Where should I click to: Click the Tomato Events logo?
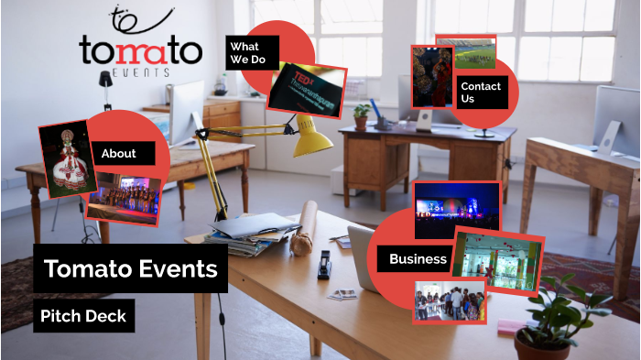(139, 49)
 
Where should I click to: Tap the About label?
(120, 154)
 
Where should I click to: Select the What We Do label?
(244, 53)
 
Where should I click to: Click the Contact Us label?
(481, 92)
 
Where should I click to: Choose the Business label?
(418, 259)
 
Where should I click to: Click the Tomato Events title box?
(131, 268)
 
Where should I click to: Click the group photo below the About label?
(125, 200)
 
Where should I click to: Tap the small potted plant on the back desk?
(362, 115)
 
